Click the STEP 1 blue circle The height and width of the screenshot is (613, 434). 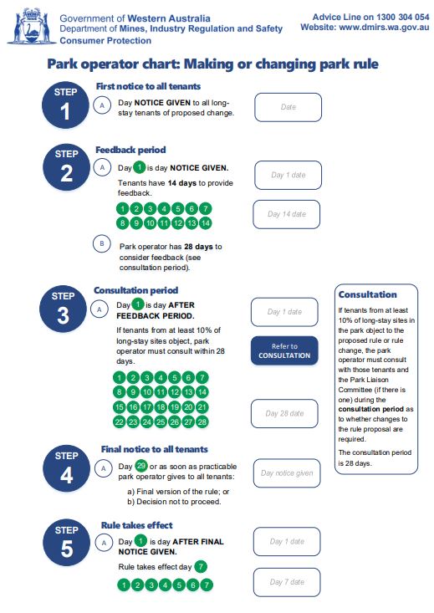tap(66, 105)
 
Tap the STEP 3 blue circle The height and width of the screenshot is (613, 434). tap(66, 309)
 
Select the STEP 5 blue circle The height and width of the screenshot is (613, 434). tap(66, 542)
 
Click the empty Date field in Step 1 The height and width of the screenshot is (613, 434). tap(288, 107)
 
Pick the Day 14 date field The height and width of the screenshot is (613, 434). tap(286, 214)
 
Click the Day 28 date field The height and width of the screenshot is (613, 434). tap(284, 413)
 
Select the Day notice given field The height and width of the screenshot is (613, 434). tap(286, 473)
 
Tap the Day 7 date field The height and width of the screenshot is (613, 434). tap(286, 582)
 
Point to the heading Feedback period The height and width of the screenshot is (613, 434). tap(130, 150)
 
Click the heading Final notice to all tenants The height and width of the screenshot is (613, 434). tap(154, 449)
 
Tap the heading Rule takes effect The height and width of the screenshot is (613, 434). tap(136, 524)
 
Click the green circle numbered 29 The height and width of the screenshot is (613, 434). tap(140, 465)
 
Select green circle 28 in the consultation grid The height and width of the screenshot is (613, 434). tap(202, 422)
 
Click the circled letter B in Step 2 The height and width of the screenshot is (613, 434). tap(102, 244)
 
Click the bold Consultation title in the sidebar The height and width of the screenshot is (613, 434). tap(367, 294)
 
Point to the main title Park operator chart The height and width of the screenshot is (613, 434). tap(212, 64)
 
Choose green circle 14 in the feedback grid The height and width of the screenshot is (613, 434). tap(206, 222)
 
